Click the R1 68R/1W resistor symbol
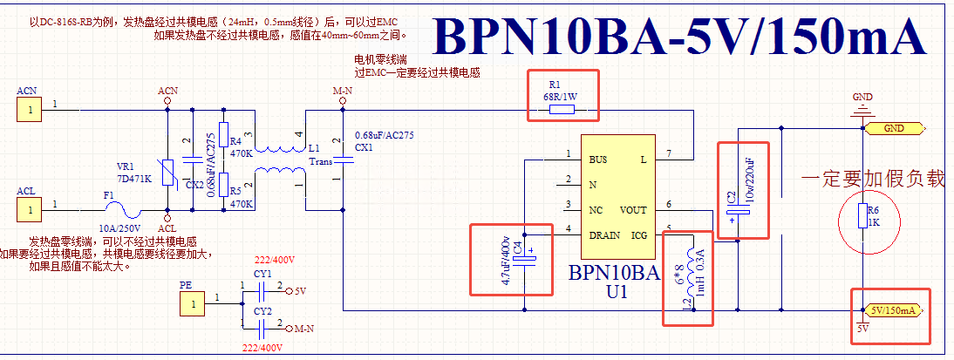562,110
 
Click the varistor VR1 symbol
168,172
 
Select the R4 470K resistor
223,135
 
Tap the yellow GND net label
894,128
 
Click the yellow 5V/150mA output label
893,310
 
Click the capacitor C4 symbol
526,259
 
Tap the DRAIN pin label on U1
604,234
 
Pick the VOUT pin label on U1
633,210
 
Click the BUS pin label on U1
597,160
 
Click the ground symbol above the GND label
862,110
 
